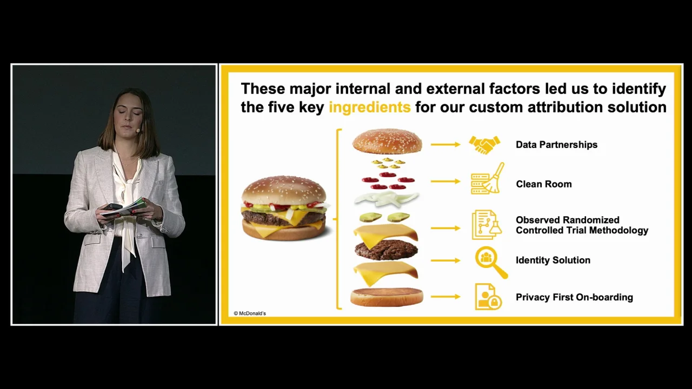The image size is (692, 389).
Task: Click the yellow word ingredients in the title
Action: pyautogui.click(x=369, y=108)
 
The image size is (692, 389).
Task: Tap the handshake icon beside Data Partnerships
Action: pyautogui.click(x=484, y=144)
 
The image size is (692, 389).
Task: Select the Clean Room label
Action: pyautogui.click(x=544, y=184)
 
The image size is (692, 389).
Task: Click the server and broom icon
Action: pyautogui.click(x=488, y=179)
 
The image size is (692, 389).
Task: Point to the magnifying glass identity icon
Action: pyautogui.click(x=491, y=263)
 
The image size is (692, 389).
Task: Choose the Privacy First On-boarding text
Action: pyautogui.click(x=574, y=297)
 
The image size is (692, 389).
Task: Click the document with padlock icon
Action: pyautogui.click(x=488, y=297)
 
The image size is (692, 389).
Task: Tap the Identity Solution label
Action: pyautogui.click(x=553, y=260)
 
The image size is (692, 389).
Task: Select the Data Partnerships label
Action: pyautogui.click(x=557, y=144)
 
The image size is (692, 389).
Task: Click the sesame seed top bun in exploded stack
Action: pyautogui.click(x=387, y=141)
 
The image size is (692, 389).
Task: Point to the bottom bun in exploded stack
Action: pyautogui.click(x=387, y=297)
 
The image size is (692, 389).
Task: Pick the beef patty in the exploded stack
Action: pyautogui.click(x=386, y=250)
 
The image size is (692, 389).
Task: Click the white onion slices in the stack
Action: pyautogui.click(x=386, y=198)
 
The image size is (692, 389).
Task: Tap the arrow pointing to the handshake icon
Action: pyautogui.click(x=445, y=144)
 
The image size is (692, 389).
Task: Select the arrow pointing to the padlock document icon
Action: pyautogui.click(x=445, y=297)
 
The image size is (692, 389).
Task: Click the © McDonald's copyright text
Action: pyautogui.click(x=250, y=313)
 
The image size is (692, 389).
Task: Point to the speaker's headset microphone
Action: pyautogui.click(x=138, y=131)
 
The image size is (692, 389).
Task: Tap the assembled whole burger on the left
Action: pyautogui.click(x=284, y=208)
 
